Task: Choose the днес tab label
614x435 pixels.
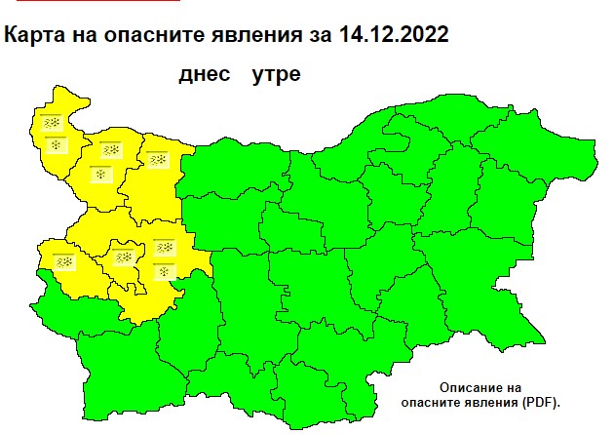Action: pyautogui.click(x=207, y=74)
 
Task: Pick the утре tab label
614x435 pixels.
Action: pyautogui.click(x=275, y=74)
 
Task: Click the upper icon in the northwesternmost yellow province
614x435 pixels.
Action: pyautogui.click(x=52, y=123)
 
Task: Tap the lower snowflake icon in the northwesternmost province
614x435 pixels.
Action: pyautogui.click(x=57, y=145)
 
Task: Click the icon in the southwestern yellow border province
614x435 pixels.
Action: pyautogui.click(x=65, y=261)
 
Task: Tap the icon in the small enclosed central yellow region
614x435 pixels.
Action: pyautogui.click(x=124, y=257)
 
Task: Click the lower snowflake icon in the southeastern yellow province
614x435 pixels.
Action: pyautogui.click(x=165, y=269)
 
